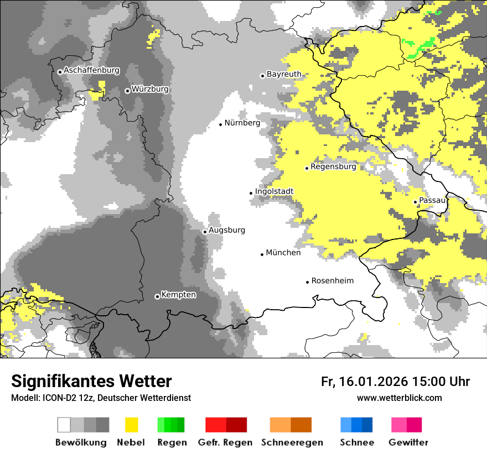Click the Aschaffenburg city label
(x=91, y=71)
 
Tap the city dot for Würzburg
(x=127, y=91)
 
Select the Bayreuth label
(x=284, y=74)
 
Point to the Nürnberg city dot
(x=220, y=124)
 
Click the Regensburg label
(x=333, y=166)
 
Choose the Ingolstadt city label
(x=274, y=191)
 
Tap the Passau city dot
(x=416, y=202)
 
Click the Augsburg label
(x=226, y=230)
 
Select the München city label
(x=283, y=253)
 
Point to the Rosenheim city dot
(x=308, y=282)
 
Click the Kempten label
(x=178, y=295)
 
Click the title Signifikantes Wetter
(x=91, y=381)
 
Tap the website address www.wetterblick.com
(x=399, y=398)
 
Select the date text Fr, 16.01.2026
(x=364, y=382)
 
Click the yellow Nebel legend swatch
(x=131, y=425)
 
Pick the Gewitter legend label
(x=408, y=442)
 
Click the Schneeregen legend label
(x=292, y=442)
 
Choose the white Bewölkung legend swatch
(x=64, y=425)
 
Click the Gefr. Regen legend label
(x=225, y=442)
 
